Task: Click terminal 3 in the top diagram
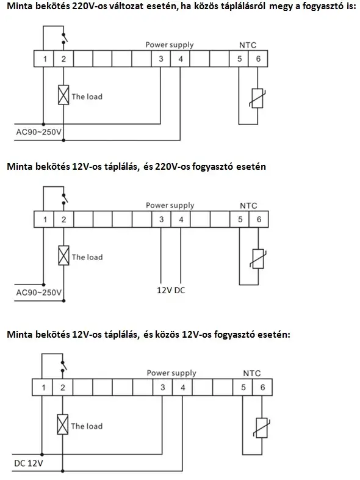161,59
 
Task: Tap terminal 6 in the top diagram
258,59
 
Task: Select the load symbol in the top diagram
63,95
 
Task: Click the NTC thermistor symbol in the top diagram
257,98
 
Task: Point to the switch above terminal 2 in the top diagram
64,38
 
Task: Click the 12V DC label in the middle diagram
171,290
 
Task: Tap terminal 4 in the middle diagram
181,219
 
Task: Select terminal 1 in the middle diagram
45,219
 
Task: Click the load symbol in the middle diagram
63,255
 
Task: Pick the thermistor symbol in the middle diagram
258,259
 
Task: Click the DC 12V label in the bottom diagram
29,463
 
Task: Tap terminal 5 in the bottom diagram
243,387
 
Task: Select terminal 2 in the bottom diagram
63,387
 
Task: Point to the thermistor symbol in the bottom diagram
262,428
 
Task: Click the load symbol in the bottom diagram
63,424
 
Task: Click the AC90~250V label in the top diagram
38,133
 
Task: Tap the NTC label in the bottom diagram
252,373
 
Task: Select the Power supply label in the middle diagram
170,205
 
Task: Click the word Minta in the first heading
20,6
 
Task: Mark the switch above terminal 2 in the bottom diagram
63,365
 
